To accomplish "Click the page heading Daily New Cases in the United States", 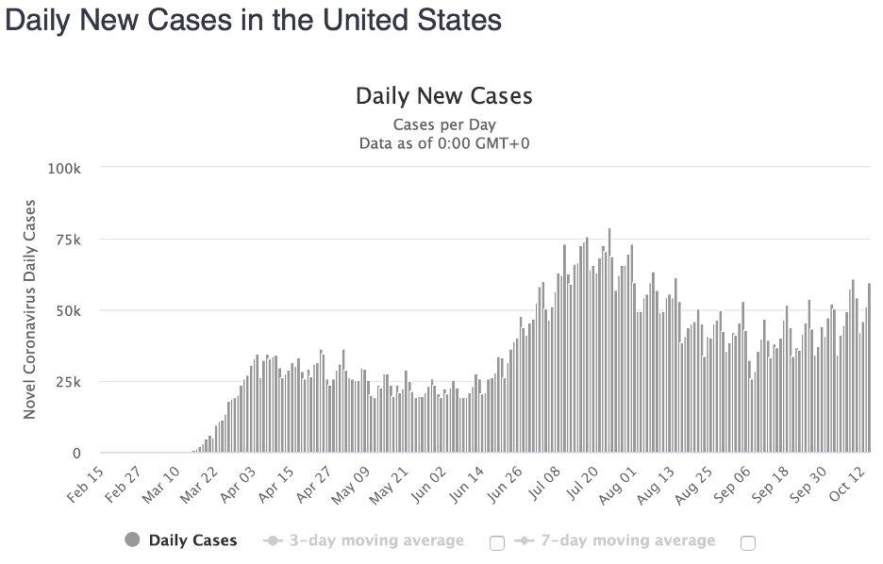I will tap(253, 21).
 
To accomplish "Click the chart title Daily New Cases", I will tap(443, 96).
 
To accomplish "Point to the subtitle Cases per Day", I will tap(443, 124).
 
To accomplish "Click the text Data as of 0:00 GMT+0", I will tap(443, 143).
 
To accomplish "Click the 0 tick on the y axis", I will tap(78, 454).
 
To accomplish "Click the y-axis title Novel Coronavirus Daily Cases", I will tap(29, 309).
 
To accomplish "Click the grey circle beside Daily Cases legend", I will tap(132, 540).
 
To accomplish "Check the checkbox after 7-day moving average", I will tap(748, 542).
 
